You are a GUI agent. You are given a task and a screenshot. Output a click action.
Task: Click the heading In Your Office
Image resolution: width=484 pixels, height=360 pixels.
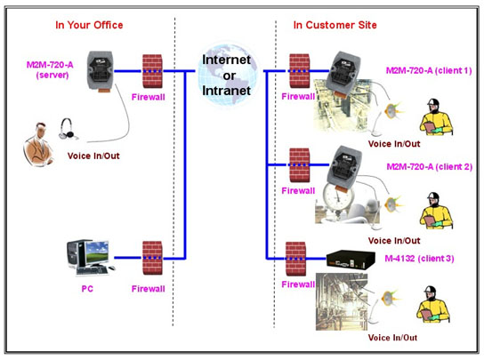pos(89,25)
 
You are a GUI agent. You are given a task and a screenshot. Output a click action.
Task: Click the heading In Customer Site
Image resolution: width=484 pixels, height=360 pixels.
pos(335,25)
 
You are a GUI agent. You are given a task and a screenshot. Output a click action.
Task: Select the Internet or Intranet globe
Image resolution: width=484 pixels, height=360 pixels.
pos(228,75)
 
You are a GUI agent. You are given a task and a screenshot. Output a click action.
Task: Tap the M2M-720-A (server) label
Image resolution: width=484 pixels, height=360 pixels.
pos(50,69)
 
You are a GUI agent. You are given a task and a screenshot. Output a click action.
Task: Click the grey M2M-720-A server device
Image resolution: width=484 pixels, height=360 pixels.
pos(101,71)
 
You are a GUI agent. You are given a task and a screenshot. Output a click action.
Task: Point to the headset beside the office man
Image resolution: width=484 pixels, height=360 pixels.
pos(68,129)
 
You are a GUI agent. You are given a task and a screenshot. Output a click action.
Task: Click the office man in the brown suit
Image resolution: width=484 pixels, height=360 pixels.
pos(38,144)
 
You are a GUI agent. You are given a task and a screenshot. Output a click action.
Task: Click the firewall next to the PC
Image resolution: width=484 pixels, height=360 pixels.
pos(152,258)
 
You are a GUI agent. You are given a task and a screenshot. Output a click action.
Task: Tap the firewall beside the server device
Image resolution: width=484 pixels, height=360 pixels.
pos(152,71)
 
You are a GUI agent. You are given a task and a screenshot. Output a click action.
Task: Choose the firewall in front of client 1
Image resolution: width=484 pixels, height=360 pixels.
pos(300,71)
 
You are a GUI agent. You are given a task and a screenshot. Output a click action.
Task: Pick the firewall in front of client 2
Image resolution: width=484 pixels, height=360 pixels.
pos(300,165)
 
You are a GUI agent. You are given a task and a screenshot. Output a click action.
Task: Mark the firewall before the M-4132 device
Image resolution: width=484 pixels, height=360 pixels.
pos(295,259)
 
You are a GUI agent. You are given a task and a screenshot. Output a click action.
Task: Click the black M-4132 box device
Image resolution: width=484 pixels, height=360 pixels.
pos(351,260)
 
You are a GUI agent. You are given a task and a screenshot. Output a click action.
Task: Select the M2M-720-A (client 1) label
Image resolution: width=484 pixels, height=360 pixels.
pos(429,70)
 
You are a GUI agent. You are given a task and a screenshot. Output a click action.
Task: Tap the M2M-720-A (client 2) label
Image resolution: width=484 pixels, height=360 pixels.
pos(430,167)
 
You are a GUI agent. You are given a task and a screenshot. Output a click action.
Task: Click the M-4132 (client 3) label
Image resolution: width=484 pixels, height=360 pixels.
pos(419,259)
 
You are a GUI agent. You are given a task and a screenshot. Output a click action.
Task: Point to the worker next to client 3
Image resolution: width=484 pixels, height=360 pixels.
pos(432,304)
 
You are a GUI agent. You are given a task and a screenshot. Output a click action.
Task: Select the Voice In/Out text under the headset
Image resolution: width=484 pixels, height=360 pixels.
pos(93,156)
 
